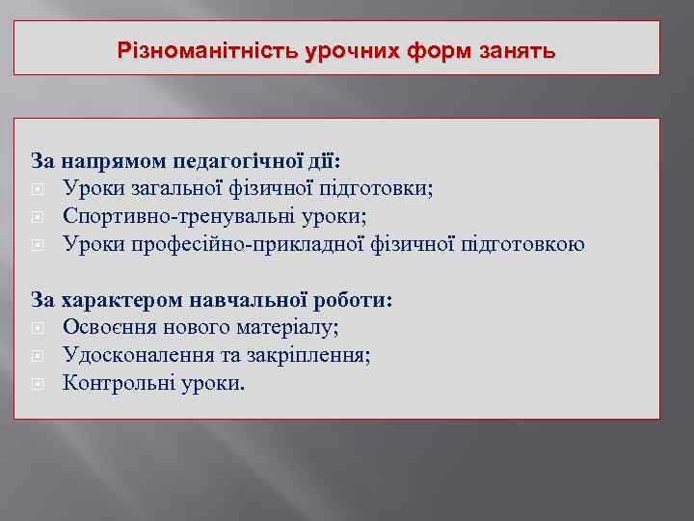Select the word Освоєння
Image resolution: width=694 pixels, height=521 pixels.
(x=107, y=328)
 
